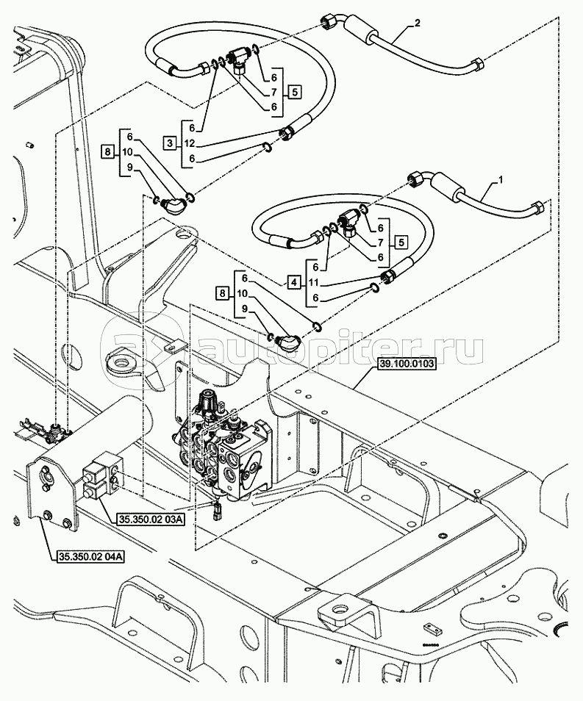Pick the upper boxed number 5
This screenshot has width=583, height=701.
pyautogui.click(x=295, y=92)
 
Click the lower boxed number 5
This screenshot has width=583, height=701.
pyautogui.click(x=400, y=242)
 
